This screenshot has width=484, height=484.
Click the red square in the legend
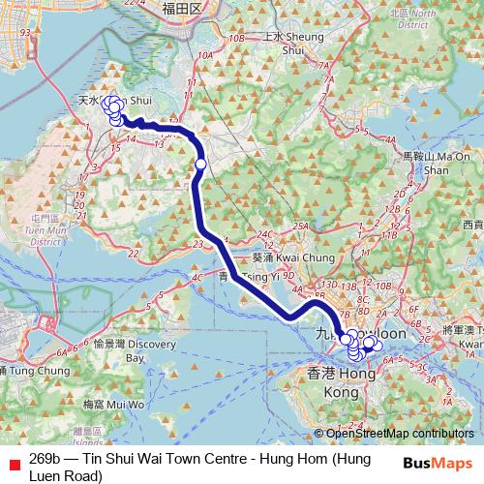(x=13, y=461)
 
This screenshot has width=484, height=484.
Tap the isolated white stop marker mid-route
(x=200, y=165)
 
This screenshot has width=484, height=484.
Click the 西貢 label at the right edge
(x=472, y=225)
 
